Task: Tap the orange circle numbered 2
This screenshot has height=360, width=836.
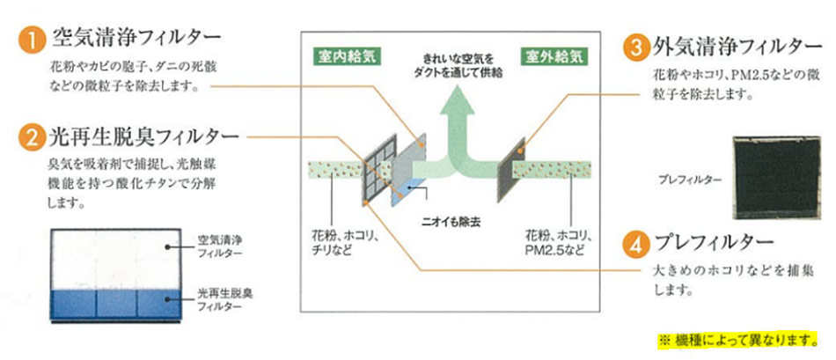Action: pyautogui.click(x=32, y=139)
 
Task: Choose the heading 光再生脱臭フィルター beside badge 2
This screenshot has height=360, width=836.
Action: pyautogui.click(x=145, y=138)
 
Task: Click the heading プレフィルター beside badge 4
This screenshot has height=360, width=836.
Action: pyautogui.click(x=713, y=241)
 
